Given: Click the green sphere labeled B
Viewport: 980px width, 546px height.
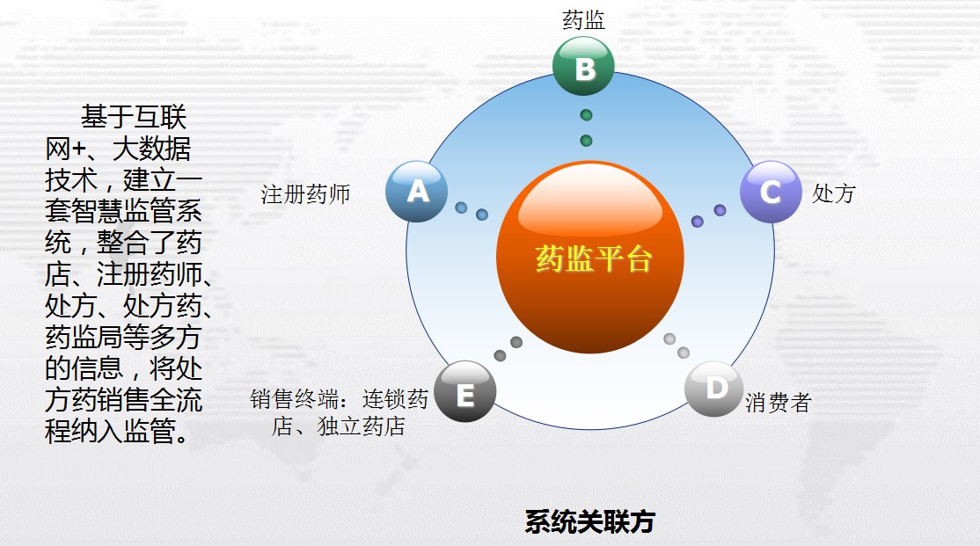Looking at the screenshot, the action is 584,66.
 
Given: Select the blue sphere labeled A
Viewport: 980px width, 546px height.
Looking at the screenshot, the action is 416,191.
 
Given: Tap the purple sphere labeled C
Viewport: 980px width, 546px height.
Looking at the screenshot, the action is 771,191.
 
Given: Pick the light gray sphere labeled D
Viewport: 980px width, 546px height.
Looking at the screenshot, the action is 714,389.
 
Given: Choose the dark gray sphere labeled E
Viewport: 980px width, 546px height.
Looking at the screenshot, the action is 465,391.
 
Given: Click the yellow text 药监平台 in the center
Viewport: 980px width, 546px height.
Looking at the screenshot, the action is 593,258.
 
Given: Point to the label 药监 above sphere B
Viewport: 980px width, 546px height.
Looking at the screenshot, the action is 584,20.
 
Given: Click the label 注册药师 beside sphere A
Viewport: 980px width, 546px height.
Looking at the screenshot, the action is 305,194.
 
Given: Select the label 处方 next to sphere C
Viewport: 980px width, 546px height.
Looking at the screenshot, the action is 833,193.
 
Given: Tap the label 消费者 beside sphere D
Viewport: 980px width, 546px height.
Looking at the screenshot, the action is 779,403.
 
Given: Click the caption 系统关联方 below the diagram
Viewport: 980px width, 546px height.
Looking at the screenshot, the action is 590,521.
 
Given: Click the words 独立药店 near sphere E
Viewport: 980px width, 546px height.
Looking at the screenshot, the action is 362,426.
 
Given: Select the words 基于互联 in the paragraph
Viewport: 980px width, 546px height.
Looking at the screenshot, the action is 134,117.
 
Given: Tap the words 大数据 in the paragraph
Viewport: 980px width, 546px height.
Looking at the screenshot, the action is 151,149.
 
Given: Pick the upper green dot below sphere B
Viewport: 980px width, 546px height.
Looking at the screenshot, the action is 586,115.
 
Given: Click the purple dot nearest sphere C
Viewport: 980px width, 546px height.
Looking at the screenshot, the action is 720,210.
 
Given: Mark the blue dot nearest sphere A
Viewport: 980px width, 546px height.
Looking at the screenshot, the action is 461,207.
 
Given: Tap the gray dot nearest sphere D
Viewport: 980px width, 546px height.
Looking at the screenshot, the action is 684,353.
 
